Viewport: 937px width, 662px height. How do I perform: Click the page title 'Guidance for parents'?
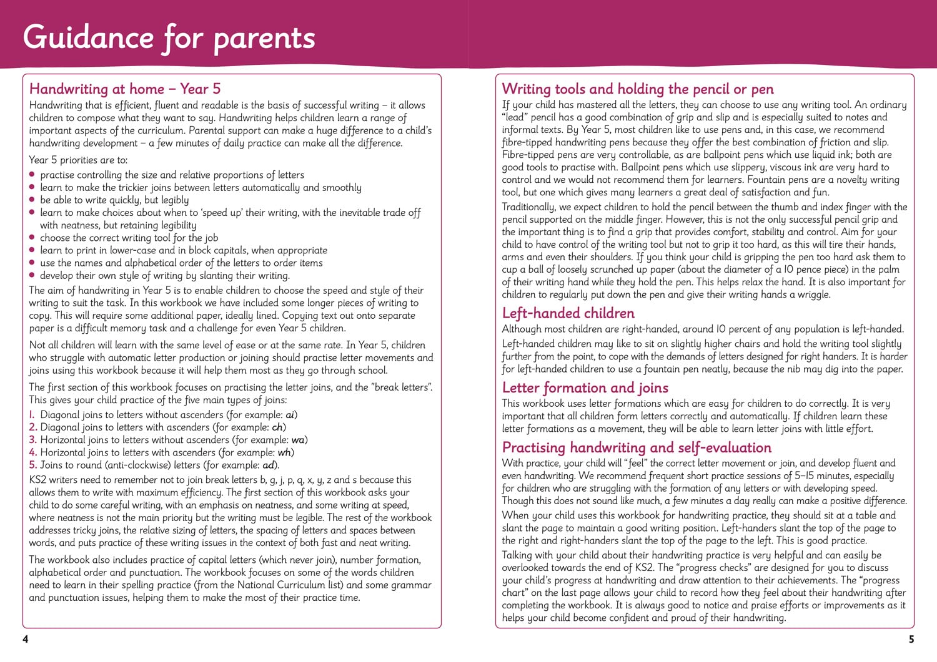169,37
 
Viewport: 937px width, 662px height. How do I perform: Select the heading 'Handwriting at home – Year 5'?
125,89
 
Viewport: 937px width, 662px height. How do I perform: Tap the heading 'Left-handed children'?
568,313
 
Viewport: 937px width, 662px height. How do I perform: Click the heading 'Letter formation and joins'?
585,388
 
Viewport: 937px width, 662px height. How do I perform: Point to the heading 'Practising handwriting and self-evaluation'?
637,447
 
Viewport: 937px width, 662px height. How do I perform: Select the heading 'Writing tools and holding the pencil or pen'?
638,89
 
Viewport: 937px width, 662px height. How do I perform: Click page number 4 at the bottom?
25,639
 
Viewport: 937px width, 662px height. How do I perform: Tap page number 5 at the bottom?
911,639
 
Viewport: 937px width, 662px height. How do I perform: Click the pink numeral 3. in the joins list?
33,440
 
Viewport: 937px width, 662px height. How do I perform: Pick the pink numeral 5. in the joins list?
33,465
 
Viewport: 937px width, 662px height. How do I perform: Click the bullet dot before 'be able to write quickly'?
32,200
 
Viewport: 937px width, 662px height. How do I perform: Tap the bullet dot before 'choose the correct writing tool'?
32,238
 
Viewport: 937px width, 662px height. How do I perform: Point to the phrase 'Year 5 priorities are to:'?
78,160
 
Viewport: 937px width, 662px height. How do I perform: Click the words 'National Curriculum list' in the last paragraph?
290,585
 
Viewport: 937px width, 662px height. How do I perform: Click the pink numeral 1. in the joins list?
32,415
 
